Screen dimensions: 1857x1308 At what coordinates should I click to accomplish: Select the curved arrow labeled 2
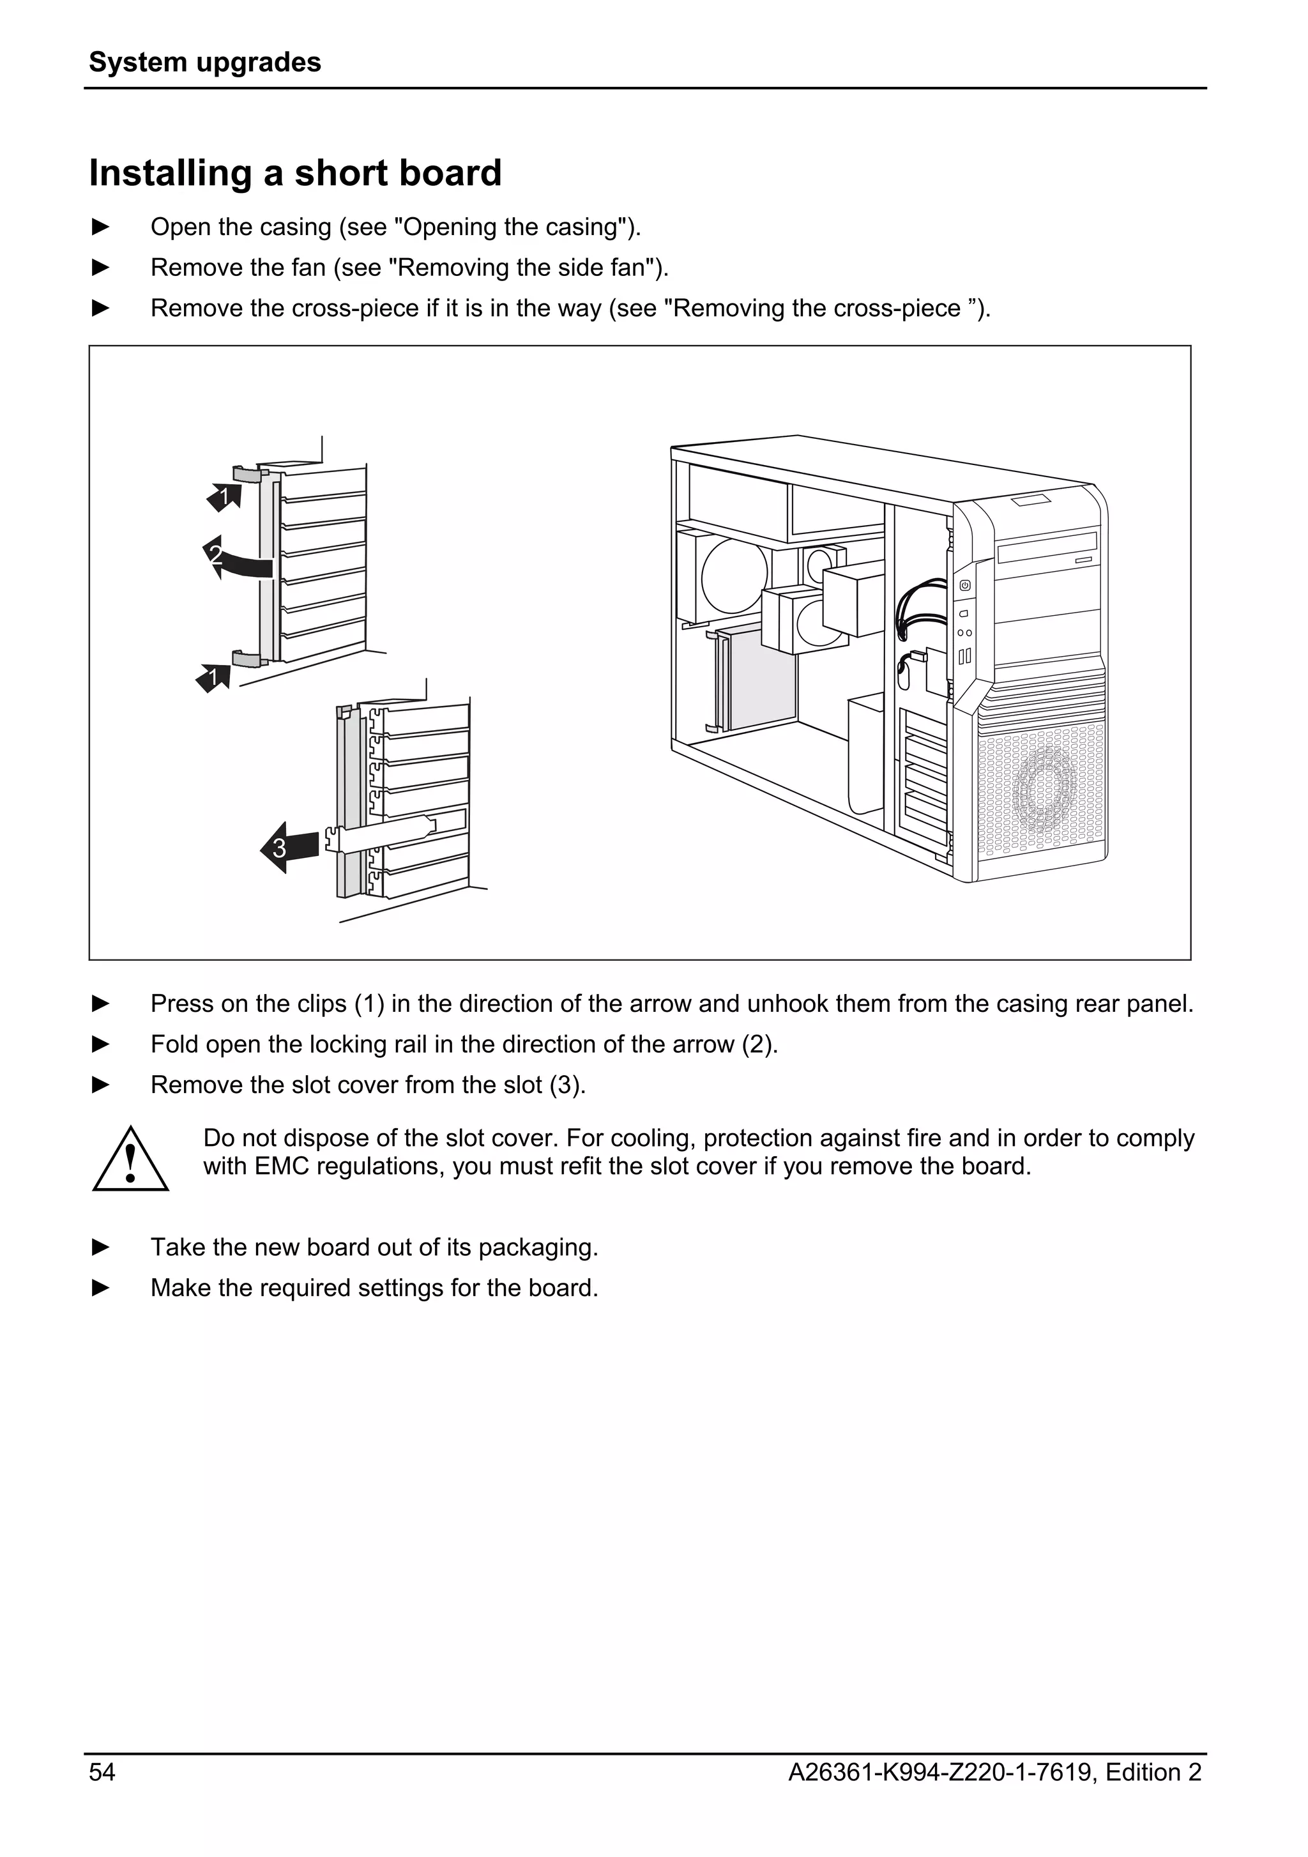[x=234, y=558]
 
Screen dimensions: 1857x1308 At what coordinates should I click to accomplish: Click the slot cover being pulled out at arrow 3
[x=380, y=833]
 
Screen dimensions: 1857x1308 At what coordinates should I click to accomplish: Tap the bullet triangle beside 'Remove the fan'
[x=101, y=267]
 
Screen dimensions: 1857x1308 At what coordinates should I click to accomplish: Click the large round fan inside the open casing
[x=734, y=576]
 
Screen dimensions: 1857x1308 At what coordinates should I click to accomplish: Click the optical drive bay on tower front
[x=1047, y=548]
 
